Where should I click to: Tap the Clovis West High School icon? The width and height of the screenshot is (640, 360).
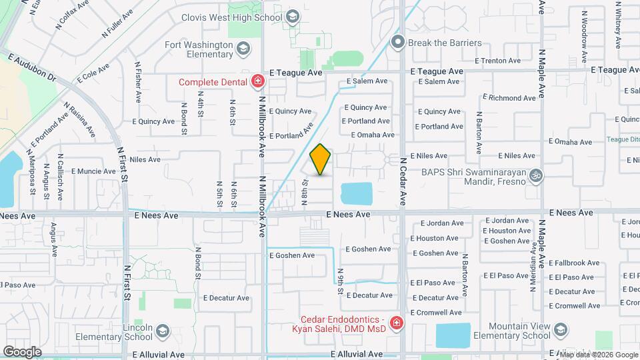click(x=291, y=17)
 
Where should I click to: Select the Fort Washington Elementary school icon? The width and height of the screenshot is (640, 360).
click(x=243, y=48)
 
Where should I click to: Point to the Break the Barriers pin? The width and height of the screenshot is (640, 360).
click(x=398, y=43)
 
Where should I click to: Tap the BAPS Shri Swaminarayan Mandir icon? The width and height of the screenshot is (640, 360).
click(x=535, y=175)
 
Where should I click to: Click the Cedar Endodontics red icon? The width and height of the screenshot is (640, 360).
click(x=396, y=324)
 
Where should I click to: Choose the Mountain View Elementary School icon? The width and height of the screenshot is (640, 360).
click(x=560, y=331)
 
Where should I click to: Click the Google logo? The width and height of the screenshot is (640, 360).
click(x=22, y=351)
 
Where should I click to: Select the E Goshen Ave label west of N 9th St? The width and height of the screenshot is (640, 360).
click(x=291, y=255)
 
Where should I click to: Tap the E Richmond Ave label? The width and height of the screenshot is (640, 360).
click(x=512, y=98)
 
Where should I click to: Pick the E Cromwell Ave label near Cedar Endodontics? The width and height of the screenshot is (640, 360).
click(x=435, y=312)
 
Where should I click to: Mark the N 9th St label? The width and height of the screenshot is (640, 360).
click(x=340, y=282)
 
